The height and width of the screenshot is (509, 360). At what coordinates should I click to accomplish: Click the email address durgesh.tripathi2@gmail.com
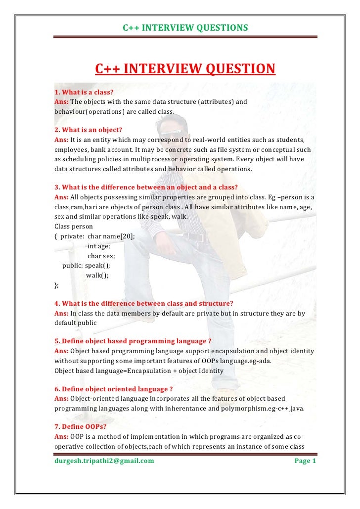pyautogui.click(x=104, y=461)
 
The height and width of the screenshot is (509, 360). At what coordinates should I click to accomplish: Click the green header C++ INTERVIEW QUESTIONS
pyautogui.click(x=185, y=28)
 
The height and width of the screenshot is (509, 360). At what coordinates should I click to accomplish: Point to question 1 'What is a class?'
pyautogui.click(x=84, y=92)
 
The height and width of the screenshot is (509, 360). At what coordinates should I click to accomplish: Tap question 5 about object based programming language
pyautogui.click(x=133, y=341)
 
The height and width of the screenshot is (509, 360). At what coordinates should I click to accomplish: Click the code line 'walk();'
pyautogui.click(x=97, y=275)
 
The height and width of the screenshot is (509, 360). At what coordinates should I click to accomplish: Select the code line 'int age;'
pyautogui.click(x=99, y=246)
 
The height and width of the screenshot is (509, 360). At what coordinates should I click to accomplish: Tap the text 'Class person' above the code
pyautogui.click(x=74, y=226)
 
